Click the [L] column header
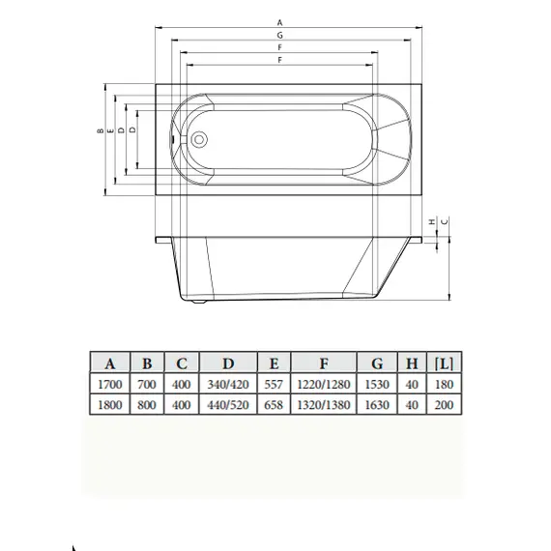point(445,364)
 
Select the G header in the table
point(376,364)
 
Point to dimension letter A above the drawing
point(279,21)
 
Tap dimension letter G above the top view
point(279,35)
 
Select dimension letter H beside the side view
point(431,221)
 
